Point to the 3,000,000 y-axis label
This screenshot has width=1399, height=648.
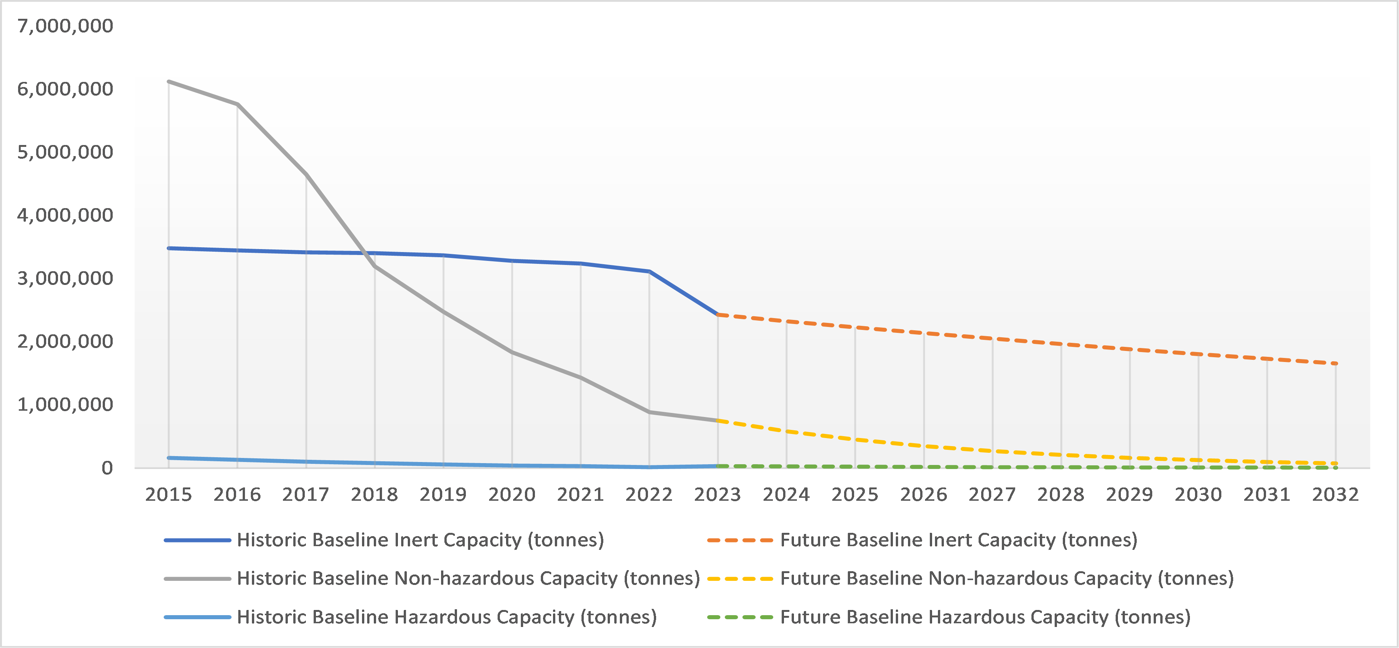pos(65,278)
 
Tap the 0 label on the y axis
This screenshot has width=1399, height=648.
pos(107,468)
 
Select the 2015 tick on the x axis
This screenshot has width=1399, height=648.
pos(168,494)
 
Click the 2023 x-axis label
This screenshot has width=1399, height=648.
pos(717,494)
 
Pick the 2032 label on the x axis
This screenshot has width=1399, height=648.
pos(1335,494)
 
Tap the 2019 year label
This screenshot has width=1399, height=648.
pos(443,494)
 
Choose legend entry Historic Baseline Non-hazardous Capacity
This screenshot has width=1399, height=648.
pos(468,579)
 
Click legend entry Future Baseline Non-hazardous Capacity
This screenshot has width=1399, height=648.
pos(1006,579)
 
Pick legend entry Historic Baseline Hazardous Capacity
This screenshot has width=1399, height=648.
pos(446,617)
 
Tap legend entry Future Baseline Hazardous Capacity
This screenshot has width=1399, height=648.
pos(985,617)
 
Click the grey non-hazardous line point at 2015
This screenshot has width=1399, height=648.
pos(169,82)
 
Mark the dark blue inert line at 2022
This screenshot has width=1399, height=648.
pos(649,271)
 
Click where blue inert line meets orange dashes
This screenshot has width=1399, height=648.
pos(718,315)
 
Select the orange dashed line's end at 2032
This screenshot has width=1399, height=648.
pos(1335,363)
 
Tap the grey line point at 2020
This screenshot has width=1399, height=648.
pos(512,353)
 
